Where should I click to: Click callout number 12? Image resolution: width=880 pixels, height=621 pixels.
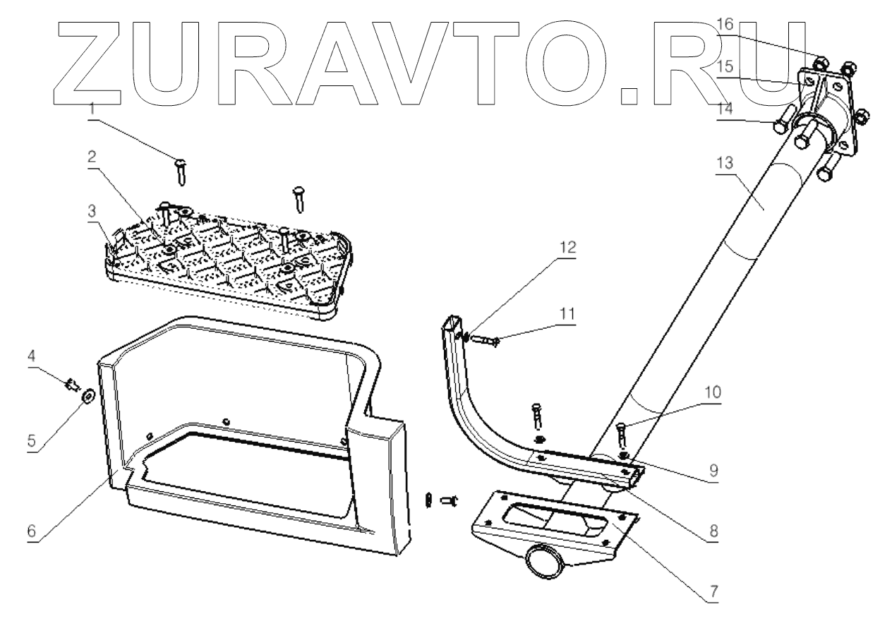[x=569, y=248]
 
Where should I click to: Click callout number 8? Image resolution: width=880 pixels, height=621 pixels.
[x=713, y=531]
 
